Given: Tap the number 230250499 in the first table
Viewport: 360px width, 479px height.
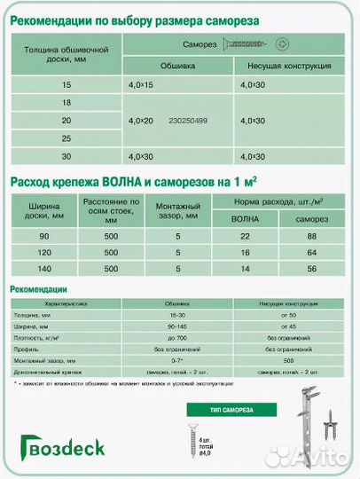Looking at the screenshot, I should pos(187,121).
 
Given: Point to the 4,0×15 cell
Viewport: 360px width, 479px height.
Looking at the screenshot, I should pos(142,84).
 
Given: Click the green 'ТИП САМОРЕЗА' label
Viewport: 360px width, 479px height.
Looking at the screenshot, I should pos(217,409).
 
